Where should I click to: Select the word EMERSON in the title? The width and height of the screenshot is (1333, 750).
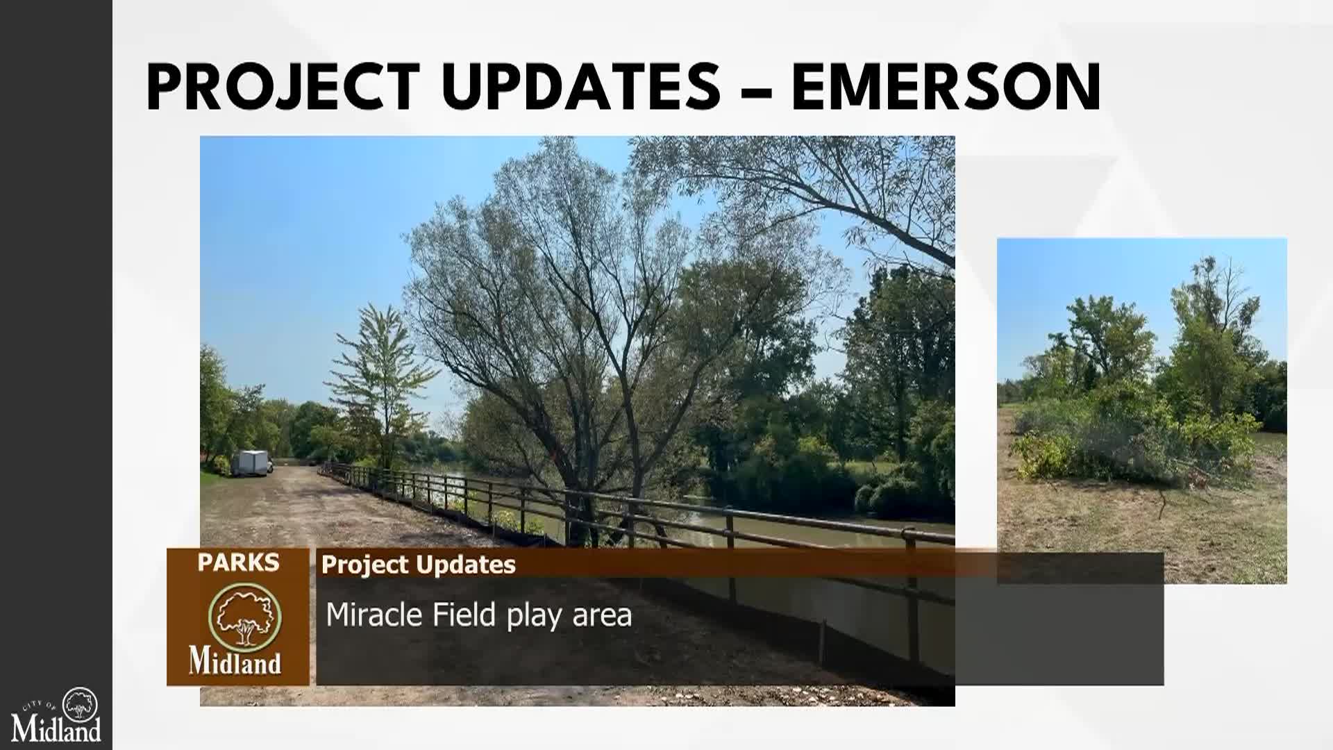[x=946, y=87]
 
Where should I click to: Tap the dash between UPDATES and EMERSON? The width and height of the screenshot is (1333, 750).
[x=756, y=90]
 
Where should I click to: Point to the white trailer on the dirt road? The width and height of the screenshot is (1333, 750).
[x=251, y=462]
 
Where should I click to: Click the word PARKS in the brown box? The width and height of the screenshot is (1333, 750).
[x=238, y=562]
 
